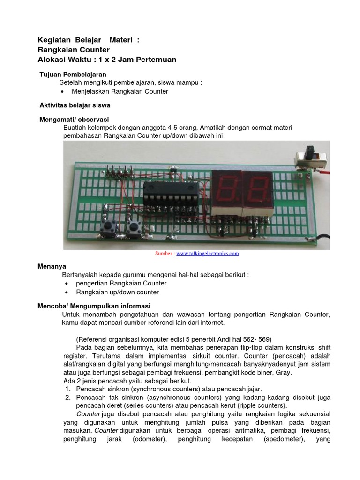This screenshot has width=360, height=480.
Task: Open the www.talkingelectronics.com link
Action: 208,254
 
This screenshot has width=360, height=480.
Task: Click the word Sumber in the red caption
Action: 164,254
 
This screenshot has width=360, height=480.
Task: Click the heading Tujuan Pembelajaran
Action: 73,75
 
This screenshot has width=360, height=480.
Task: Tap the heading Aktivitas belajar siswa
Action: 75,105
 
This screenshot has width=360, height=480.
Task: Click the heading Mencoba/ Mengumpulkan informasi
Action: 94,306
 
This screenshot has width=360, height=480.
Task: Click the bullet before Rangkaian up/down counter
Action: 66,292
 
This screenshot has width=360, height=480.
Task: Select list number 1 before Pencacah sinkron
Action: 67,389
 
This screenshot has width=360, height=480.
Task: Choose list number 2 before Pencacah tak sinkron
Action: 67,397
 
